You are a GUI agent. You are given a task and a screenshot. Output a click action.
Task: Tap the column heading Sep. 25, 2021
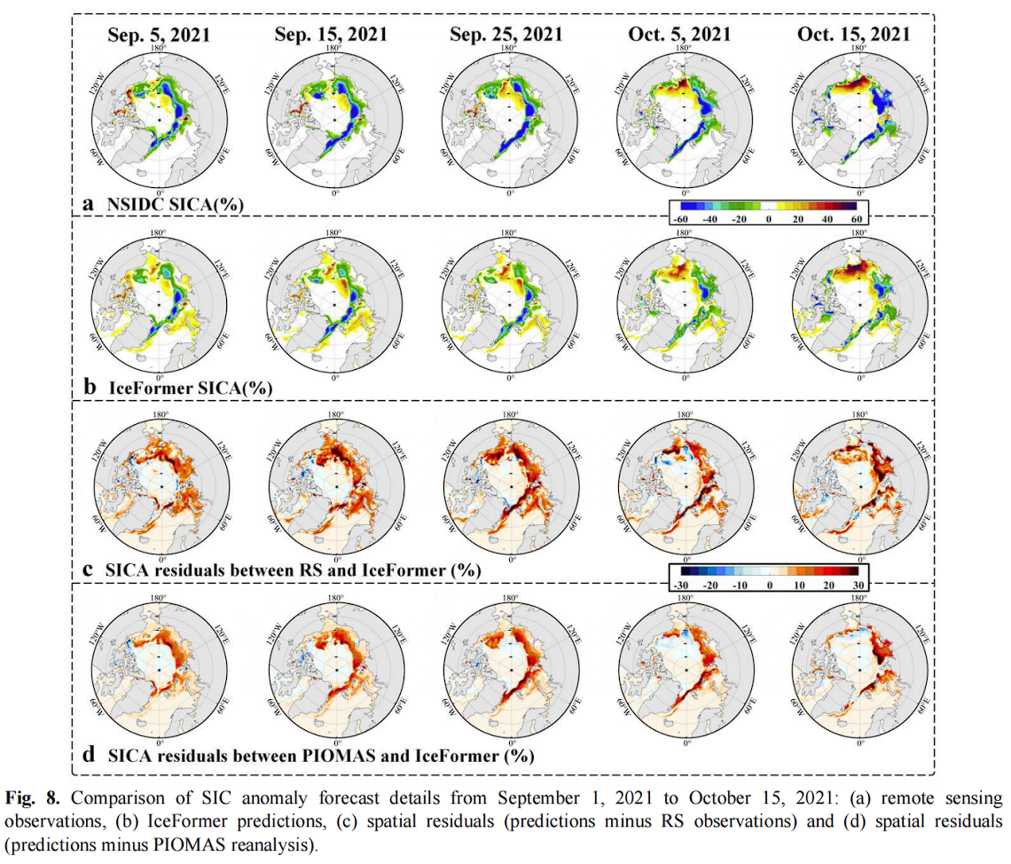[505, 35]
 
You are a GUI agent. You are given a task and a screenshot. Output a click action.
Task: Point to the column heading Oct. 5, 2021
[681, 35]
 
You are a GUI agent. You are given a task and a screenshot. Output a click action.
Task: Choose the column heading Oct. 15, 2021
[854, 35]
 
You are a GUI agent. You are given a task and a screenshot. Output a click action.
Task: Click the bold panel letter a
[88, 203]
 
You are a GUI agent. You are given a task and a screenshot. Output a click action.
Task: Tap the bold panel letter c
[88, 569]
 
